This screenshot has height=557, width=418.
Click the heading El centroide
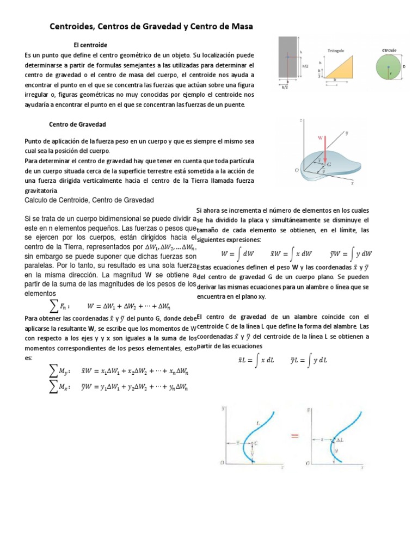[90, 45]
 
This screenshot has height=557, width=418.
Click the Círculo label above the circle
[389, 49]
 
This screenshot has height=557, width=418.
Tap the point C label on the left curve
[256, 443]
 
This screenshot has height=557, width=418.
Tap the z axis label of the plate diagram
[301, 119]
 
